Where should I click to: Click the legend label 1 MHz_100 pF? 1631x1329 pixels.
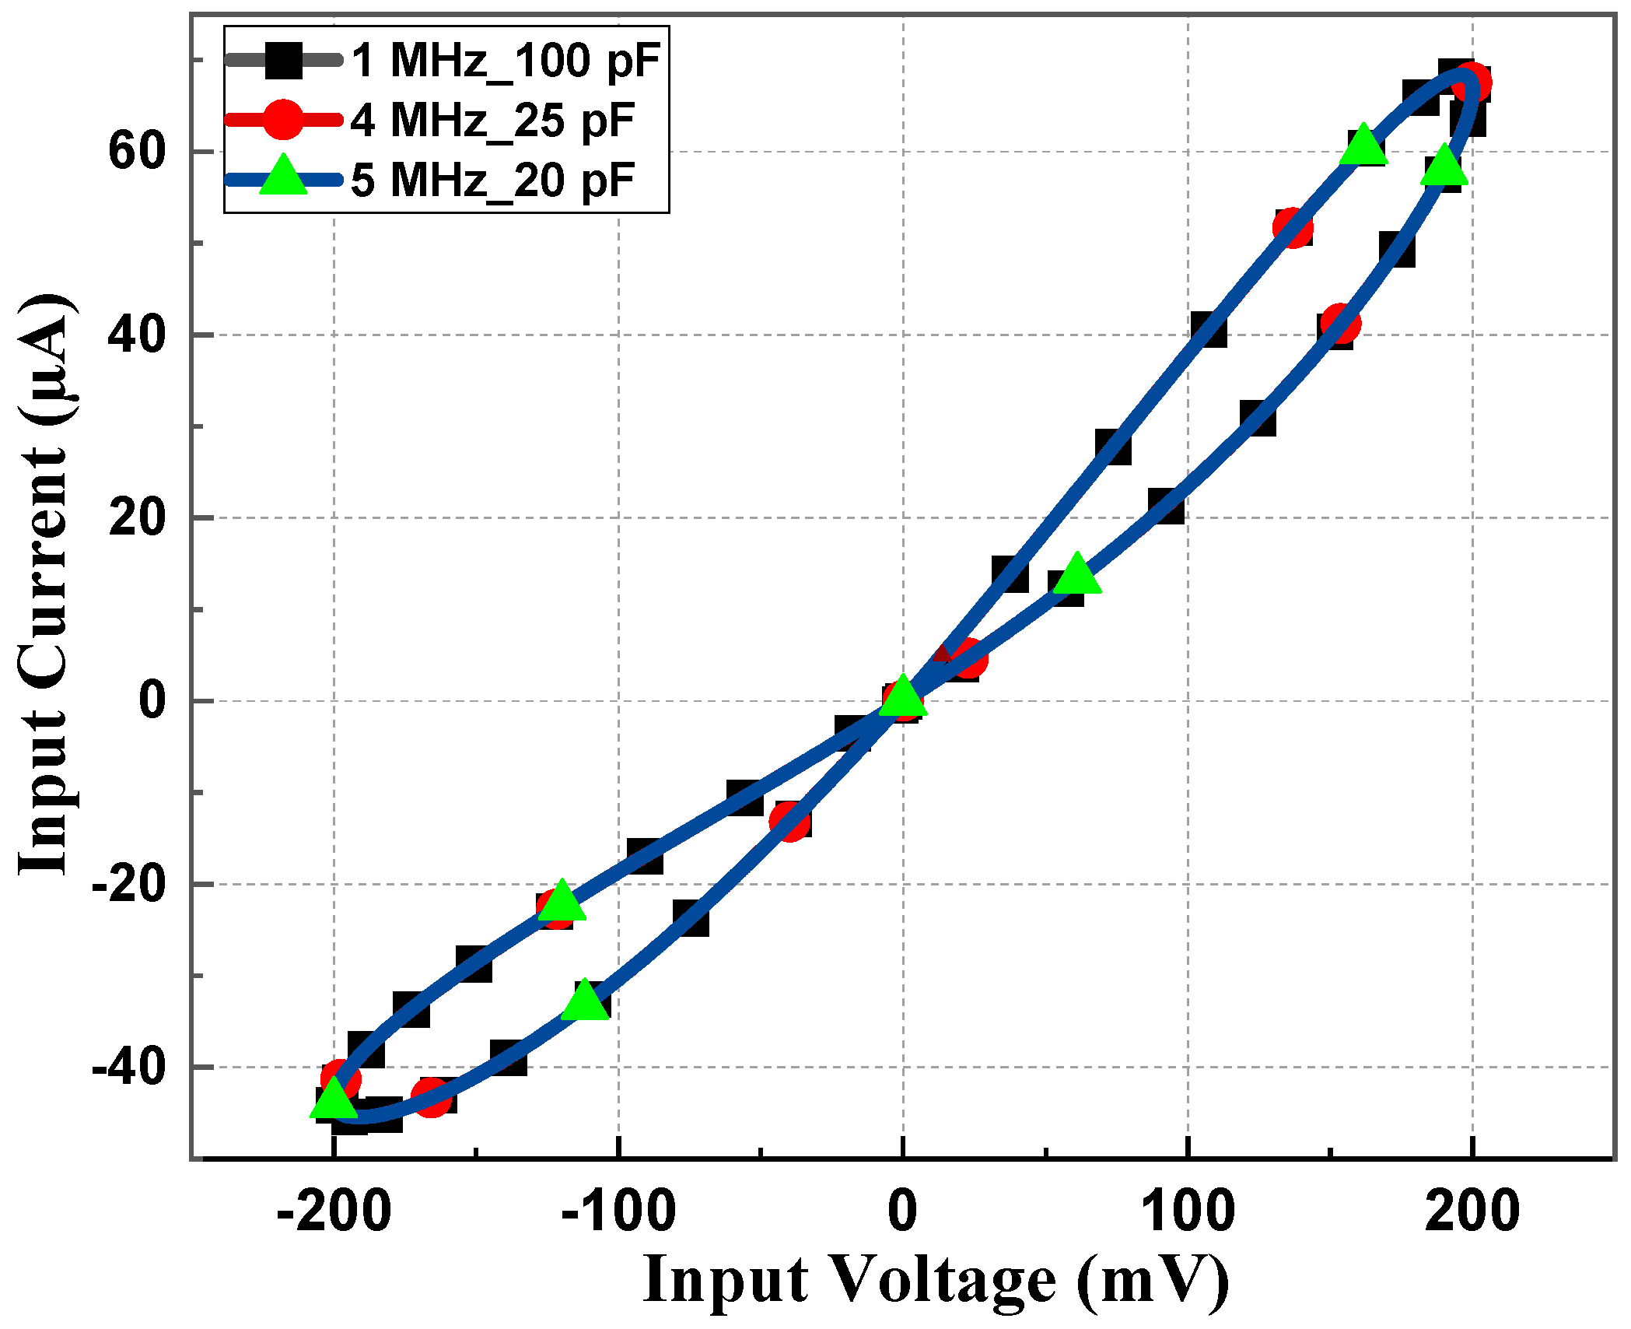pos(506,61)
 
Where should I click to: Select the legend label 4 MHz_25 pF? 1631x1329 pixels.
pos(492,121)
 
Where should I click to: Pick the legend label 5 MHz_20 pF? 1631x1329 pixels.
pos(492,181)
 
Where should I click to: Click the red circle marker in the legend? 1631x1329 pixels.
pos(283,120)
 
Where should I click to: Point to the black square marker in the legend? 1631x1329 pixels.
pos(283,60)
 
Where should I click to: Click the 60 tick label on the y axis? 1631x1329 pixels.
pos(137,151)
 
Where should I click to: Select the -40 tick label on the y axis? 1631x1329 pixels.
pos(129,1067)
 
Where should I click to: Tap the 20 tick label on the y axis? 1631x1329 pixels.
pos(137,517)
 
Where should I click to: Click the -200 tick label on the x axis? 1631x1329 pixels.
pos(334,1212)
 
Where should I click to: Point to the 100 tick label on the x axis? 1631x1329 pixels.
pos(1188,1212)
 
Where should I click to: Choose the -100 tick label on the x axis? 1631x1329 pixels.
pos(618,1212)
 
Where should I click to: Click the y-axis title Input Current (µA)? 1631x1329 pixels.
pos(47,584)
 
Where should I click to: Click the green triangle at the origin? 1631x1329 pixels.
pos(903,697)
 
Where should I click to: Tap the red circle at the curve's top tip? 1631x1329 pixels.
pos(1471,84)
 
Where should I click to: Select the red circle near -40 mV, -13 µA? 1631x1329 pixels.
pos(790,822)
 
